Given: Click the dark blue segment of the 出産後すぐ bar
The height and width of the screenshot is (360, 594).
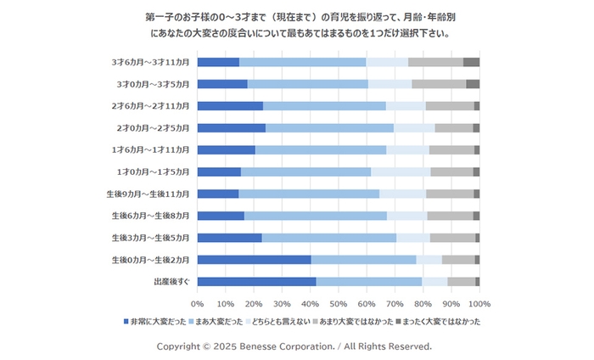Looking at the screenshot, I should [x=256, y=281].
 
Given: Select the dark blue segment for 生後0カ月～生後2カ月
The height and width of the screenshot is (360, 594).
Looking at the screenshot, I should [x=254, y=259].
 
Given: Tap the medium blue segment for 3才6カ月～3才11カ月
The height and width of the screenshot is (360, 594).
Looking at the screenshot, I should [x=302, y=62].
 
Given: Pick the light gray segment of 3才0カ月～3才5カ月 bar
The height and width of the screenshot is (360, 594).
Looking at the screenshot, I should [x=439, y=84].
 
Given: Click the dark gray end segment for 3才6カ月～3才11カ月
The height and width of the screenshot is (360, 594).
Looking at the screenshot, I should [x=471, y=62].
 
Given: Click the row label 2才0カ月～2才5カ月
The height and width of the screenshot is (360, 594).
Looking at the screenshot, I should [x=154, y=128].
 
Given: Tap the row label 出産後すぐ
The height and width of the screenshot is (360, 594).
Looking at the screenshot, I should [x=171, y=281].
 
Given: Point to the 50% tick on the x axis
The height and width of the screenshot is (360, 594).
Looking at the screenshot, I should [x=339, y=302].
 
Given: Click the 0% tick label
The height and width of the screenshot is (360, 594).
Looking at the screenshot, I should [x=197, y=302].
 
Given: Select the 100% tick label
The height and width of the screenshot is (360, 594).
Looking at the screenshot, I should [x=479, y=302].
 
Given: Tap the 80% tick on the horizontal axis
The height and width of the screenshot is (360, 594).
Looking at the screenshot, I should [x=423, y=302].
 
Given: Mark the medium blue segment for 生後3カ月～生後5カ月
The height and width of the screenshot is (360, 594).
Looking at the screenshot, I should [x=328, y=237].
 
